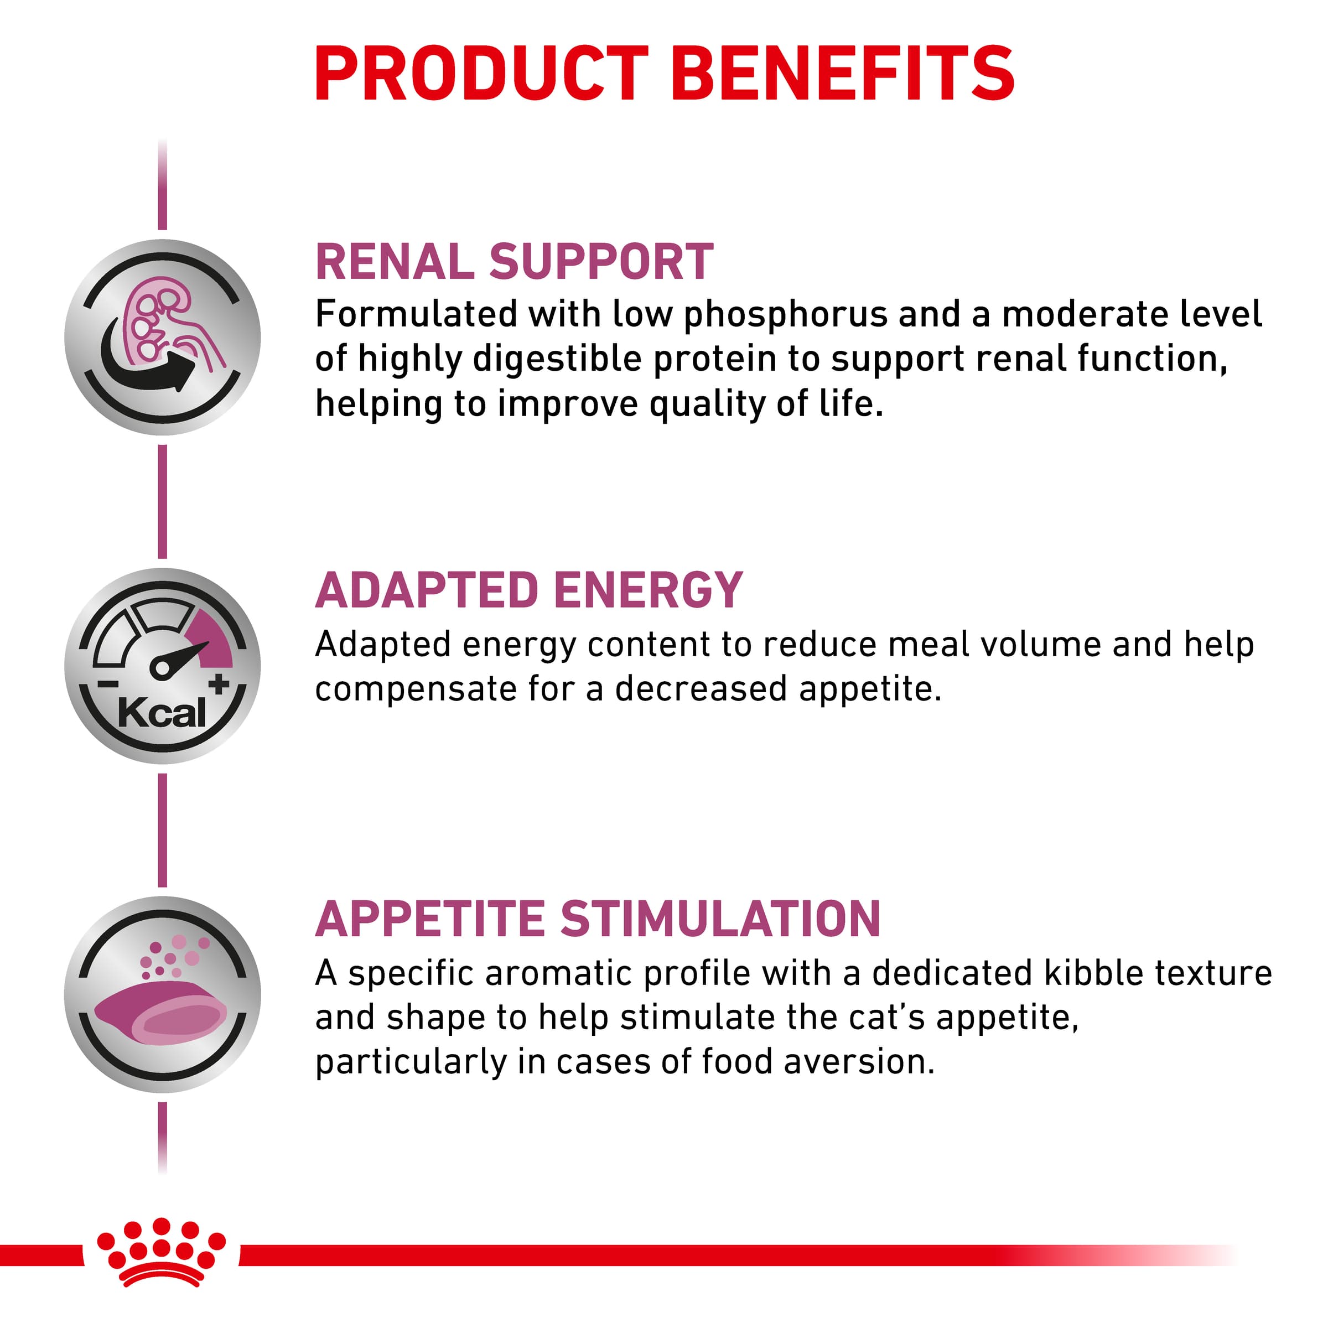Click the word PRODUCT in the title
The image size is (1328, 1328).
pyautogui.click(x=482, y=74)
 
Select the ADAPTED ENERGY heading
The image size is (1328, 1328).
pyautogui.click(x=528, y=590)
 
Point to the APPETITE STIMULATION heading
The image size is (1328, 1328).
pyautogui.click(x=598, y=919)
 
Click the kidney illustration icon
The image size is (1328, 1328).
pyautogui.click(x=163, y=338)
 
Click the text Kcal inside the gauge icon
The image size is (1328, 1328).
pyautogui.click(x=162, y=713)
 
